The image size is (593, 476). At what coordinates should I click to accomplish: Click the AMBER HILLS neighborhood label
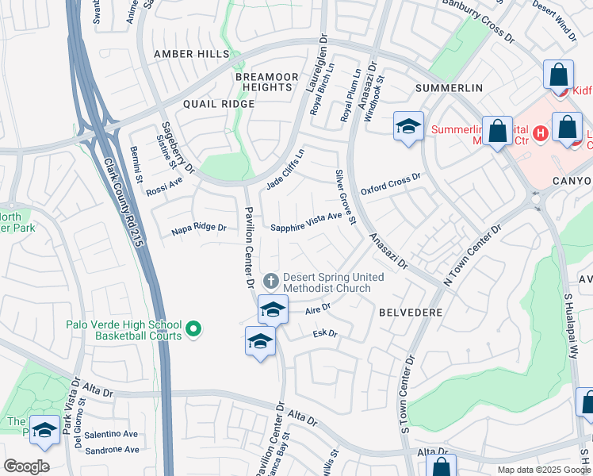point(191,54)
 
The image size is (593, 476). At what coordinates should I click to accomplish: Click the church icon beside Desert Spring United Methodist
point(271,280)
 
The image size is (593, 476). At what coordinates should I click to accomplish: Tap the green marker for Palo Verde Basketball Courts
point(193,328)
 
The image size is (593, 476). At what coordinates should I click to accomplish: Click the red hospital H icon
point(541,132)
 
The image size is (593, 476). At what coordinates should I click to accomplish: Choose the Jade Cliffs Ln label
point(285,170)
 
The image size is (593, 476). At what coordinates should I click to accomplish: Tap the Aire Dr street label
point(317,311)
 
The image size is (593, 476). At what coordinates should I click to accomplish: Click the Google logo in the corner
point(27,466)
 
